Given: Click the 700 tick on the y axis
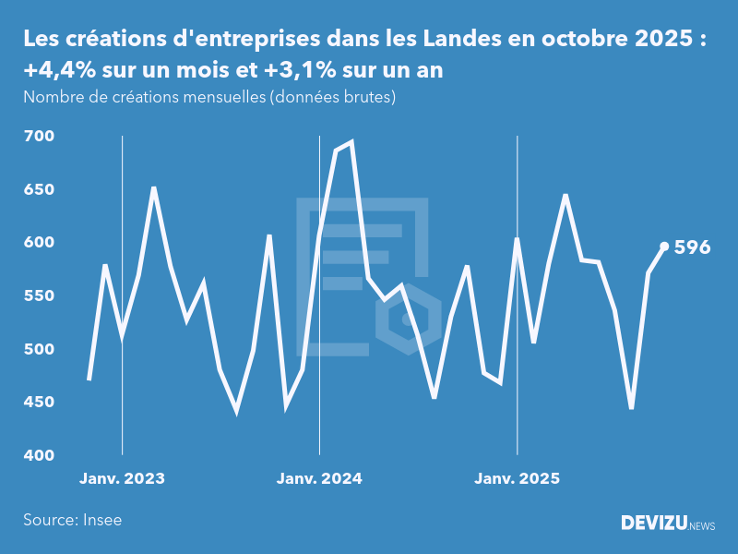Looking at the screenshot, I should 39,137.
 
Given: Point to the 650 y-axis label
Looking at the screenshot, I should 39,189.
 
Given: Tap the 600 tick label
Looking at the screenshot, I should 39,243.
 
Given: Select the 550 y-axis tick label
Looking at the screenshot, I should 39,296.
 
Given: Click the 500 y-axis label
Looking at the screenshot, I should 39,349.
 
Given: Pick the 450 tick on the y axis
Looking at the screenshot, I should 39,403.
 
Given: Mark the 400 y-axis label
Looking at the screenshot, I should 39,456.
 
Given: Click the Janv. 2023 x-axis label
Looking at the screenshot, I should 122,478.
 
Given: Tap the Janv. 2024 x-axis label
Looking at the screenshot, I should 319,478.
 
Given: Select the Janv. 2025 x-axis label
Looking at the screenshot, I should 517,478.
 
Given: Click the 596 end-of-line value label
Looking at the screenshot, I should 692,247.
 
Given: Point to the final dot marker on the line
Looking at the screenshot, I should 664,247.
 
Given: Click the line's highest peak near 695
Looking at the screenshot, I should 351,142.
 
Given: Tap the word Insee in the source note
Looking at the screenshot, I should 101,520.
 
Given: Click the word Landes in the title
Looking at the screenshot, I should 464,40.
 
